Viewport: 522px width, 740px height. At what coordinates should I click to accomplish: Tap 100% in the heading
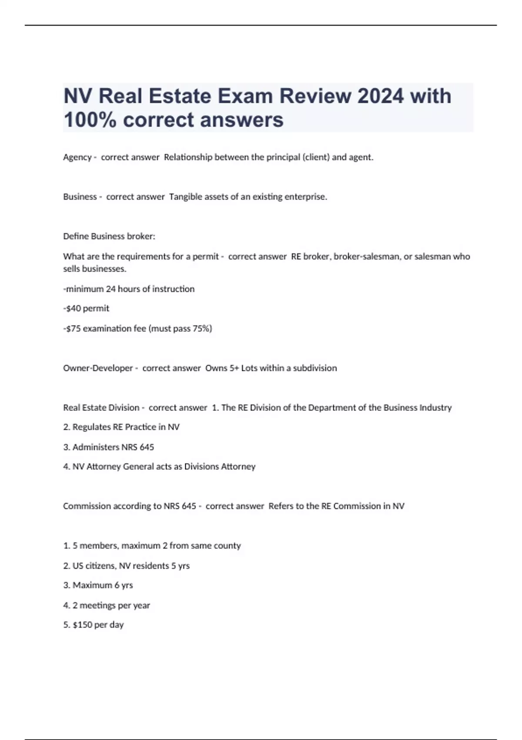click(x=90, y=120)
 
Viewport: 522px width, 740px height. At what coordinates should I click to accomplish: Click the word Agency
click(x=77, y=158)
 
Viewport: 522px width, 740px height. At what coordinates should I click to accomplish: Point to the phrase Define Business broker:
click(x=109, y=236)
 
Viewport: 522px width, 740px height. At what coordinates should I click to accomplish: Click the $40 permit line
click(x=86, y=309)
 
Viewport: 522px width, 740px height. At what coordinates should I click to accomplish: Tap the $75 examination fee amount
click(x=73, y=329)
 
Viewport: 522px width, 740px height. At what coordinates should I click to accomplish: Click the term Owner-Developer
click(x=98, y=368)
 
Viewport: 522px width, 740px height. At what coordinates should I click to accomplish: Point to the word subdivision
click(x=315, y=368)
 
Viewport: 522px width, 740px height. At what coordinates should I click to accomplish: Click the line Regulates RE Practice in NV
click(x=121, y=427)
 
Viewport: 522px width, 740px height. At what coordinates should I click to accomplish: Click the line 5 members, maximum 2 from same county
click(x=152, y=546)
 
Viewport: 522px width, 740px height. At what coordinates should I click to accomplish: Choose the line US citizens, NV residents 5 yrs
click(x=127, y=566)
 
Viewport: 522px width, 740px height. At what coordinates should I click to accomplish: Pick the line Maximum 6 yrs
click(x=98, y=585)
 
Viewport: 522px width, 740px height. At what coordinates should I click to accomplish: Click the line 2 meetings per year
click(x=107, y=605)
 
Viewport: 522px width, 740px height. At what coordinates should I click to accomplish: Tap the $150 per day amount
click(x=82, y=625)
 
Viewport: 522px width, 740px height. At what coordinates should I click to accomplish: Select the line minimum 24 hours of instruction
click(x=129, y=289)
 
